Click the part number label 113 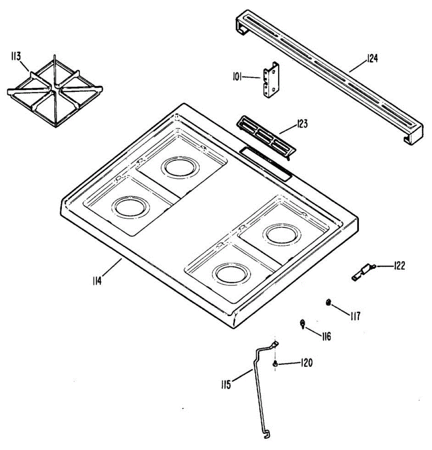pyautogui.click(x=16, y=57)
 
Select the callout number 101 pyautogui.click(x=237, y=77)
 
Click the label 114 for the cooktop pyautogui.click(x=97, y=280)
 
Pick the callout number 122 pyautogui.click(x=399, y=266)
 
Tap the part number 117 pyautogui.click(x=355, y=316)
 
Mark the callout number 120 pyautogui.click(x=306, y=363)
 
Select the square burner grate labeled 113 pyautogui.click(x=55, y=92)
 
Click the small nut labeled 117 pyautogui.click(x=329, y=302)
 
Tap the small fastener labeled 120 pyautogui.click(x=275, y=363)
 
